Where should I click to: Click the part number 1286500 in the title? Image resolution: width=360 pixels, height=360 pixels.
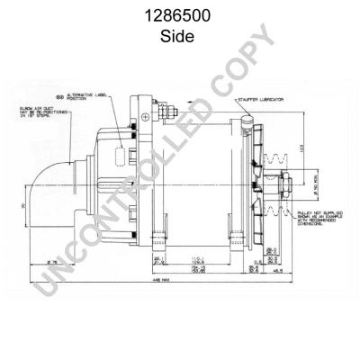[x=179, y=18]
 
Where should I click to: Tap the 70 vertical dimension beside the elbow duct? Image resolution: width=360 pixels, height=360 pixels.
[x=20, y=206]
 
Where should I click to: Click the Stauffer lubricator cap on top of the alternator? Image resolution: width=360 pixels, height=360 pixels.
[x=248, y=116]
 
